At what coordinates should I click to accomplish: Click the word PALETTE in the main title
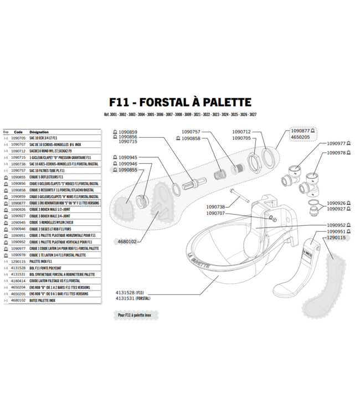coord(222,103)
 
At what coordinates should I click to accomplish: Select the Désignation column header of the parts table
coord(39,132)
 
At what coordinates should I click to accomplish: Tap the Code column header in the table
coord(18,132)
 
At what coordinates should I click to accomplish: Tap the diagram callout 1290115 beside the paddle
coord(336,237)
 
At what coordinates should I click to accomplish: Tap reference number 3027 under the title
coord(253,115)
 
